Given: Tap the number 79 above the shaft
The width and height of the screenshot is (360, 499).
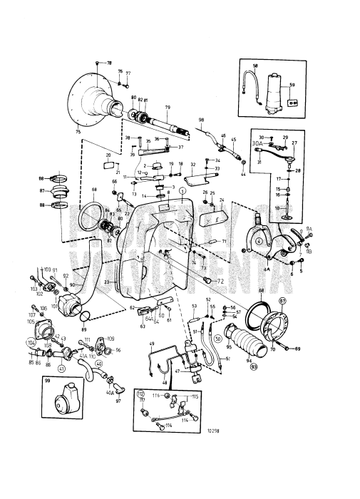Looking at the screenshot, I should pos(167,108).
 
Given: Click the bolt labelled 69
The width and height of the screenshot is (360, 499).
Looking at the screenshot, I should pos(297,349).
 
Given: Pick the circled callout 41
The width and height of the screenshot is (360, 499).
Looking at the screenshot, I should pos(61,369).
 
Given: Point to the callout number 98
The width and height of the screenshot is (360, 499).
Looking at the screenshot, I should pos(201,119).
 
